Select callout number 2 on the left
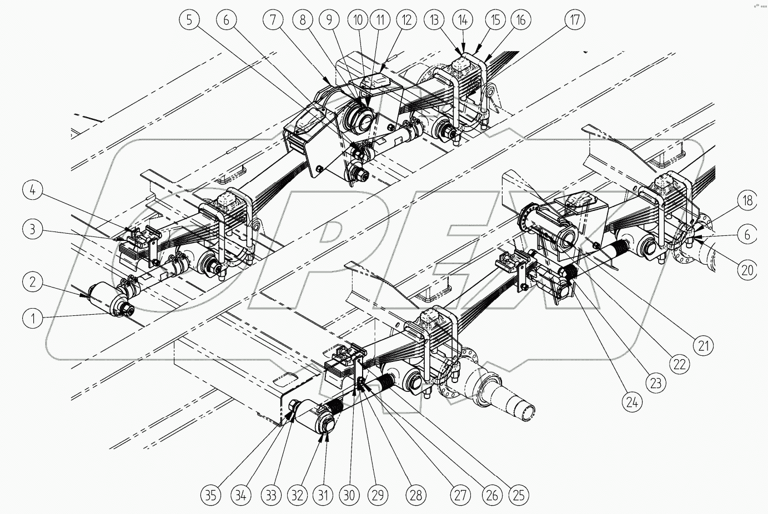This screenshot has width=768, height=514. (34, 282)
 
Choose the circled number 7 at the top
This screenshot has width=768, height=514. (273, 21)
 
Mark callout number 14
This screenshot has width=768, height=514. (464, 21)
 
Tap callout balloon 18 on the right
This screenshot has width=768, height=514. (747, 199)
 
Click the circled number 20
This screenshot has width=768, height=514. (747, 270)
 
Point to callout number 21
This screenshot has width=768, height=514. (704, 346)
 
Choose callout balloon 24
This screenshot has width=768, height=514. (631, 401)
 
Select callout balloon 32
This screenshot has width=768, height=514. (297, 493)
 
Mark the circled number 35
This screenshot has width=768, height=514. (212, 493)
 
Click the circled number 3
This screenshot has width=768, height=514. (33, 229)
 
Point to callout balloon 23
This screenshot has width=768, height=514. (655, 383)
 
